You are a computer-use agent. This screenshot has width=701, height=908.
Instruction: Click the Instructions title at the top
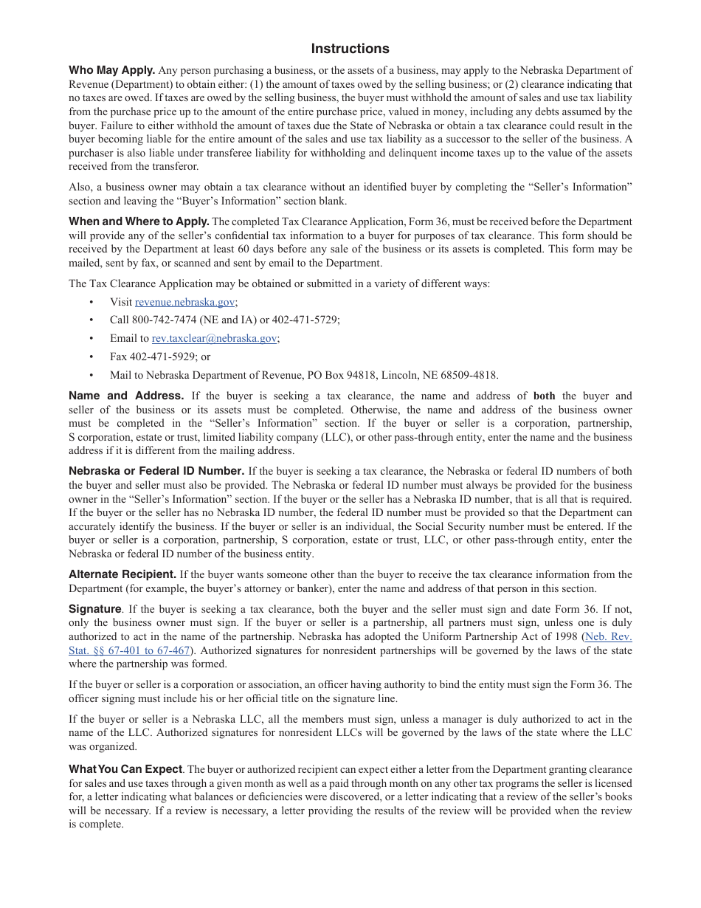pyautogui.click(x=350, y=49)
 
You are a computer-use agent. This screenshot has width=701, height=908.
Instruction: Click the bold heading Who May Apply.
pyautogui.click(x=111, y=71)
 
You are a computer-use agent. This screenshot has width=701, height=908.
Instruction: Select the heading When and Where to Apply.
pyautogui.click(x=139, y=221)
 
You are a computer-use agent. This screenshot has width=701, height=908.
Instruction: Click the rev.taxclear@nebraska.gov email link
pyautogui.click(x=214, y=338)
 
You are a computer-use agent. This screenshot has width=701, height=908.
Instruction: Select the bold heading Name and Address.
pyautogui.click(x=126, y=396)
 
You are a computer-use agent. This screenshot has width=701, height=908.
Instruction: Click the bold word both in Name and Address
pyautogui.click(x=544, y=396)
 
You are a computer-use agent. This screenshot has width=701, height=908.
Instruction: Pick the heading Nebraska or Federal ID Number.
pyautogui.click(x=156, y=471)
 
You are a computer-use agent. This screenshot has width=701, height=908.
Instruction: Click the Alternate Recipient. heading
pyautogui.click(x=122, y=574)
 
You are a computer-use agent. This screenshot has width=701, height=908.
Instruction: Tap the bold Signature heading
pyautogui.click(x=94, y=609)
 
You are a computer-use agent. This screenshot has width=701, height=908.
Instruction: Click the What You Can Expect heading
pyautogui.click(x=125, y=769)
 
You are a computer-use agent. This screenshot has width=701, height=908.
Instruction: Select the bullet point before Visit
pyautogui.click(x=91, y=302)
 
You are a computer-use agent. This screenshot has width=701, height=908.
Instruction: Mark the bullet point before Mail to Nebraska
pyautogui.click(x=91, y=375)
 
